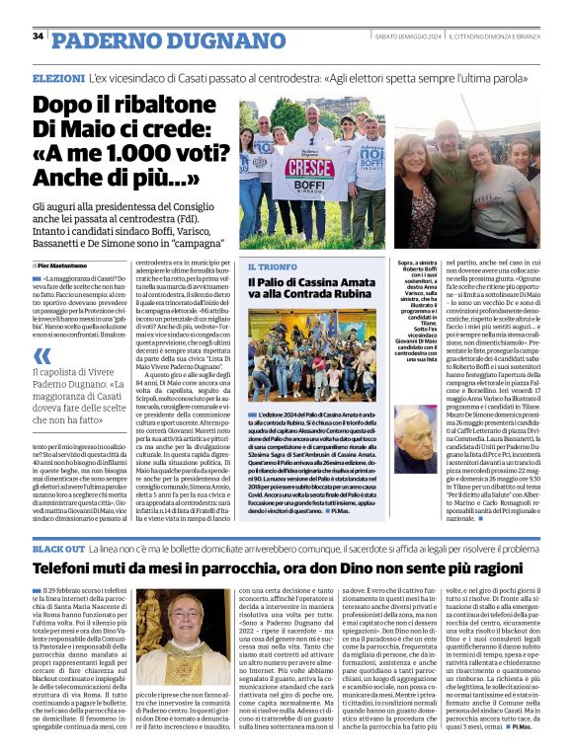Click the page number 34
[x=39, y=37]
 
